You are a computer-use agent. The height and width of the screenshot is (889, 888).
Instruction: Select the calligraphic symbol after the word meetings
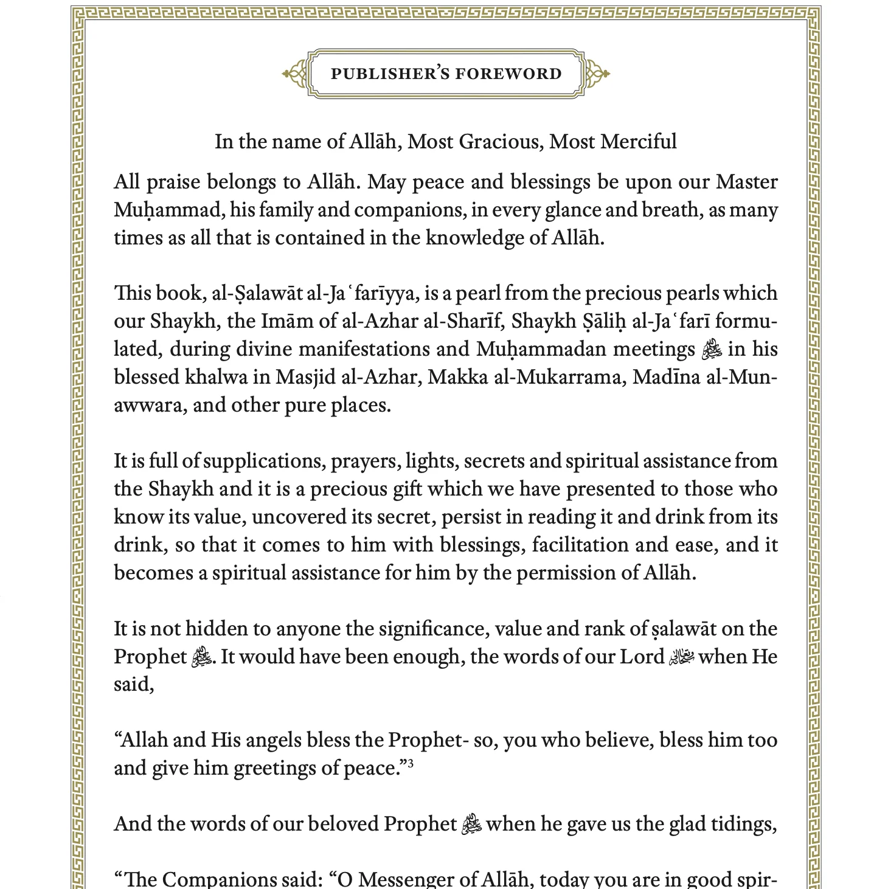click(x=712, y=350)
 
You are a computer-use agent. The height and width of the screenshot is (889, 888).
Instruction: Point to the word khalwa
click(x=216, y=378)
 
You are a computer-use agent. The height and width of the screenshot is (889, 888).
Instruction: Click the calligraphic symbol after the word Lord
click(x=681, y=657)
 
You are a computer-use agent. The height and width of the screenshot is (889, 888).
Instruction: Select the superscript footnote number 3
click(x=411, y=763)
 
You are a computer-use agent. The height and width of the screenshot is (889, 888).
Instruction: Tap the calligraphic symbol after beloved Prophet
click(x=472, y=825)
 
